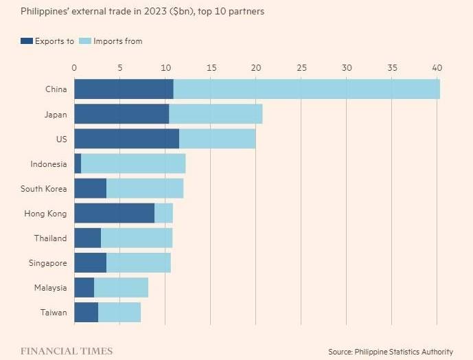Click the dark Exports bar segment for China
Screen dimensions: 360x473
pos(124,89)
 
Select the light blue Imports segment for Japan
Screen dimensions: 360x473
pos(216,114)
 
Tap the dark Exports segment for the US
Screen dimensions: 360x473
pos(126,139)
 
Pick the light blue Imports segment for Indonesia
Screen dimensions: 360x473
pos(133,164)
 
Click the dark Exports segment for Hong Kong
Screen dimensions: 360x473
pos(114,214)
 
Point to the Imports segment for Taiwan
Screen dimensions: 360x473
pos(119,313)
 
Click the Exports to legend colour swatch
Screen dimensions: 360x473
pos(27,41)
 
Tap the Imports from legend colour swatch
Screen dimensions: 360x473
pos(85,41)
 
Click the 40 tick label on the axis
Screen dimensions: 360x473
pos(437,67)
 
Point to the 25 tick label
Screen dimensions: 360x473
pos(301,67)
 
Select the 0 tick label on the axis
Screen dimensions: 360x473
pos(74,67)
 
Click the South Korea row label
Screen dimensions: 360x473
pos(43,189)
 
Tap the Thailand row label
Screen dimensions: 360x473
pos(50,238)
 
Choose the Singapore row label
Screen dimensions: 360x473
pos(48,263)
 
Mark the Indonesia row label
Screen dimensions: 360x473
pos(48,164)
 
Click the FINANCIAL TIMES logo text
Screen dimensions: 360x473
pos(67,351)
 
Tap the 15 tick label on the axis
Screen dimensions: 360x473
pos(210,67)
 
